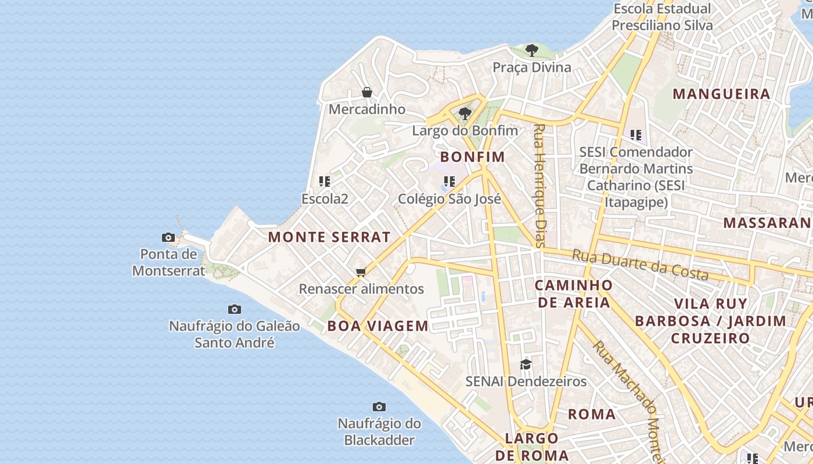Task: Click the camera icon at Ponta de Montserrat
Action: (168, 237)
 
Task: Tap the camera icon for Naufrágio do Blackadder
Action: (379, 407)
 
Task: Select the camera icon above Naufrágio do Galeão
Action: (235, 309)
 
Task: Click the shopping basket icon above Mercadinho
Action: (367, 92)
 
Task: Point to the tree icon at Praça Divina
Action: (531, 50)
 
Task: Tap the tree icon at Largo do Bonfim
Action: (465, 113)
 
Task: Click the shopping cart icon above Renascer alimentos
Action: (361, 272)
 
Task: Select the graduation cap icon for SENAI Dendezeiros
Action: (526, 364)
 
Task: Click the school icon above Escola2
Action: (325, 182)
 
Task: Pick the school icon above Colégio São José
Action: (449, 182)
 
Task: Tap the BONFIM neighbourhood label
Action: (472, 157)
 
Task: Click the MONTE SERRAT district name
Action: (329, 237)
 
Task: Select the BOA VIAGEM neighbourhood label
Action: (377, 326)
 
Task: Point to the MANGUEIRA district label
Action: (721, 94)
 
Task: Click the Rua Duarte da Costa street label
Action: (640, 264)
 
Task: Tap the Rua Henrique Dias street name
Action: (540, 186)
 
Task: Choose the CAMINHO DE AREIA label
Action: (573, 293)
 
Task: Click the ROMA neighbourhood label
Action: (591, 414)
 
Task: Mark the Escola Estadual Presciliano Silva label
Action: (662, 17)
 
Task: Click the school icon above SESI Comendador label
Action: (636, 135)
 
